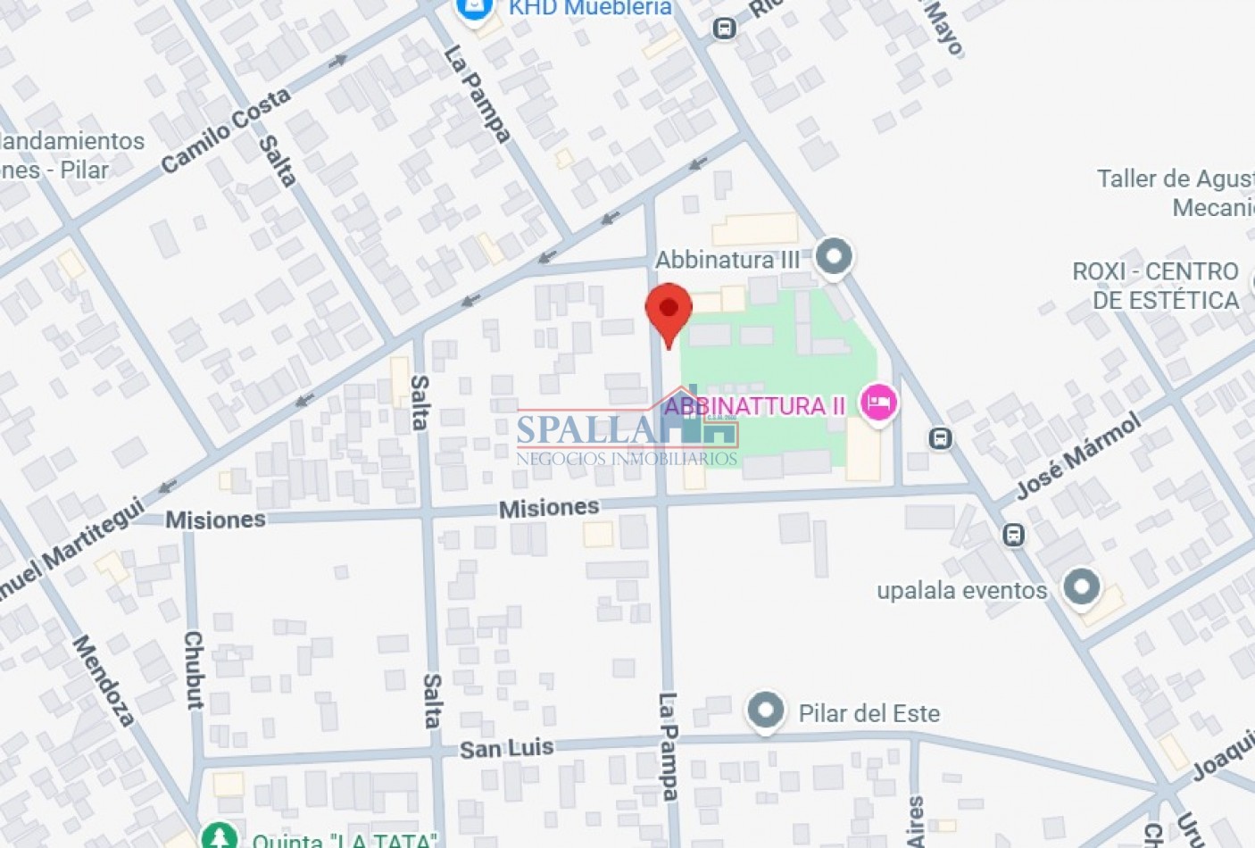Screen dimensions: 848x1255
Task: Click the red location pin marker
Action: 669,311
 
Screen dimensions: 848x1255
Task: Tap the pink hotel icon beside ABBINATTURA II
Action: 878,403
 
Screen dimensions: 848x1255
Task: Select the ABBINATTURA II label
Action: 754,406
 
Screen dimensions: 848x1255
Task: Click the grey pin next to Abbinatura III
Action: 835,257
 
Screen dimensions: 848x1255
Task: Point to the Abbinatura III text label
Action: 727,260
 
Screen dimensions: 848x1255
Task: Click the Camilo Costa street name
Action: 226,129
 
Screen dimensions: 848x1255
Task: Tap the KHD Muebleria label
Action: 590,8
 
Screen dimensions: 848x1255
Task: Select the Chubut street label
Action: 194,669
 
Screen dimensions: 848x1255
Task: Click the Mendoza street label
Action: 104,680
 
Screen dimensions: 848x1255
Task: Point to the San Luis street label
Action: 506,748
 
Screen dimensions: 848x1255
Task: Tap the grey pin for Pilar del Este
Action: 765,711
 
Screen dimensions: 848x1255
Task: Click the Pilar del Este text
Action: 869,713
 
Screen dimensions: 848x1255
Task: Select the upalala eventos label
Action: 961,590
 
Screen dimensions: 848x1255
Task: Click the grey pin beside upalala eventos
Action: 1082,587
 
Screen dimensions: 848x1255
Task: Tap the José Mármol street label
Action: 1079,455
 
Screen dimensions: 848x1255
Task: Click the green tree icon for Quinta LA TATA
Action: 219,837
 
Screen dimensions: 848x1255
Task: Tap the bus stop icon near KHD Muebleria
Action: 725,29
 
